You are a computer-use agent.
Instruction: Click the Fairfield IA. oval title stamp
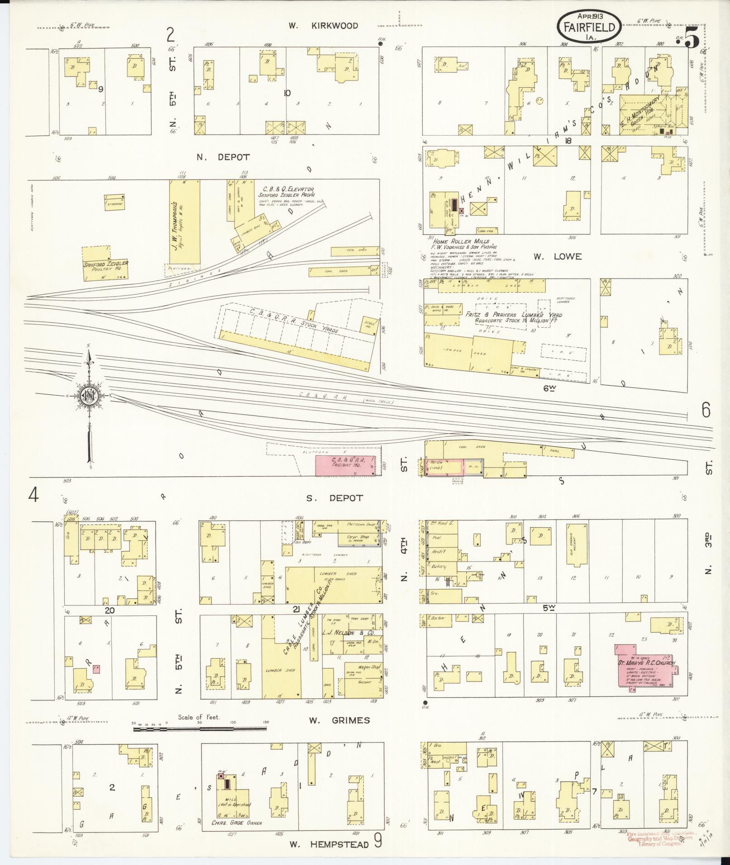coord(589,27)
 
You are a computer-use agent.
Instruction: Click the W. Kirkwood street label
coord(323,26)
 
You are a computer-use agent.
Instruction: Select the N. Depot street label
coord(223,157)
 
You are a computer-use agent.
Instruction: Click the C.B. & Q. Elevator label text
coord(286,189)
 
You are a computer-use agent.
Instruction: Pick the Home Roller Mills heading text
coord(461,242)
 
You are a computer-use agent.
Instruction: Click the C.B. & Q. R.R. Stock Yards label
coord(293,321)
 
